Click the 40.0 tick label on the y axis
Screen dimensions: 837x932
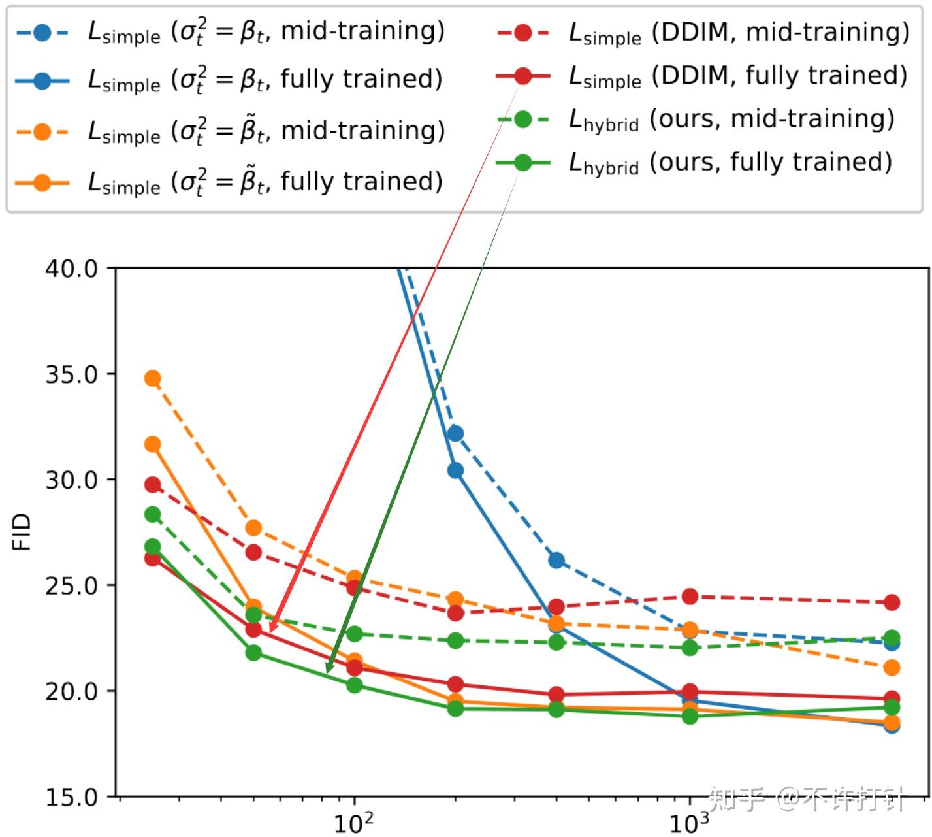(x=71, y=269)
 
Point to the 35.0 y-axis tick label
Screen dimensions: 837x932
(x=71, y=374)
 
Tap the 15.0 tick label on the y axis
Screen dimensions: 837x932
(x=71, y=797)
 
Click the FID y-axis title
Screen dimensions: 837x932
(x=22, y=532)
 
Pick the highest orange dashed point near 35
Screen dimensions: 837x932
(x=153, y=378)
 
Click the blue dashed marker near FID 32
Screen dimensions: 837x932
(x=455, y=434)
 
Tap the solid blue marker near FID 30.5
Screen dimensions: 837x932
(x=455, y=470)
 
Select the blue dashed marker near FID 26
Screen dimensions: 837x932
(x=556, y=561)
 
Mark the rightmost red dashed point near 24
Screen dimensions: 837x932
(x=892, y=602)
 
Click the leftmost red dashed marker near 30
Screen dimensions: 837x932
(x=153, y=485)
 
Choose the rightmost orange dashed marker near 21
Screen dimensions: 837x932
(x=892, y=668)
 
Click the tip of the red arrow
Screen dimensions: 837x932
(x=270, y=632)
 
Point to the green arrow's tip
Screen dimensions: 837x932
(x=327, y=673)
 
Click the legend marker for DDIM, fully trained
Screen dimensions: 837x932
(x=522, y=76)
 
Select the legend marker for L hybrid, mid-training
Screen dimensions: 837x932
(x=522, y=120)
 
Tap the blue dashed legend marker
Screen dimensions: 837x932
(x=42, y=33)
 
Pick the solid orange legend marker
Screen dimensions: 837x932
(x=42, y=182)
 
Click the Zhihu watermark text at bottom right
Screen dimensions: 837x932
(x=807, y=798)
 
